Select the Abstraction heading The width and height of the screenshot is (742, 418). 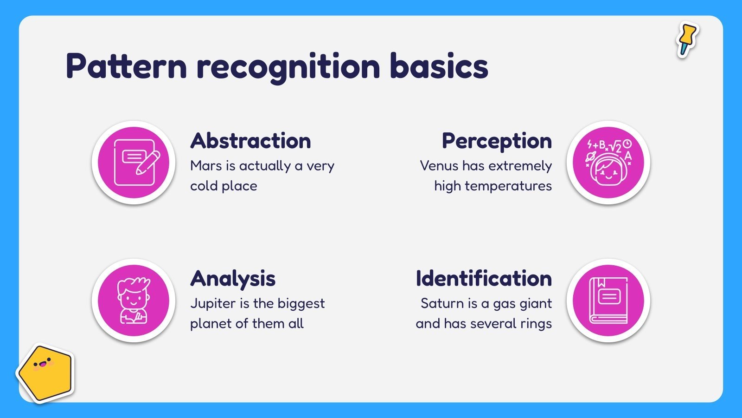tap(250, 141)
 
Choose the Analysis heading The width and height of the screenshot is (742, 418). tap(233, 279)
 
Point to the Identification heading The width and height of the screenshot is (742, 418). tap(484, 278)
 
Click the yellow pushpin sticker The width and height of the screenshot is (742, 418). tap(687, 40)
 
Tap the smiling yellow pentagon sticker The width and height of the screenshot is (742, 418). tap(45, 373)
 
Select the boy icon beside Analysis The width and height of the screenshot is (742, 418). tap(133, 300)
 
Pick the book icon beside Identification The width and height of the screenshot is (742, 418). tap(608, 300)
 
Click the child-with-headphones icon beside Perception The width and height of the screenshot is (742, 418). tap(608, 163)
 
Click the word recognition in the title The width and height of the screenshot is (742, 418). tap(288, 68)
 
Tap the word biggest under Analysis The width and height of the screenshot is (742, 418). tap(301, 304)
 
